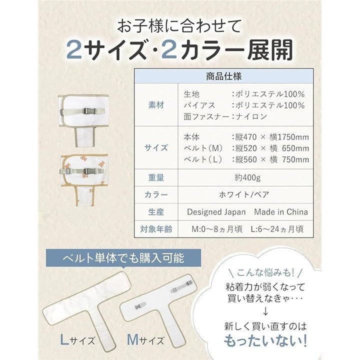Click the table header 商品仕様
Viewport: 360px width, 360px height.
[223, 76]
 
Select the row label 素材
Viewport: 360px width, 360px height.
[156, 105]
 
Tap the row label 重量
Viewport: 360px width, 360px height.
[156, 177]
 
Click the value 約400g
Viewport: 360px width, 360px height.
[247, 177]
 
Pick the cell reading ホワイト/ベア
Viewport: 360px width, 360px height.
[244, 194]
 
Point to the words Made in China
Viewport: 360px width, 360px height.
[281, 212]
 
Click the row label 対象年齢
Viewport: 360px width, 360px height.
[156, 229]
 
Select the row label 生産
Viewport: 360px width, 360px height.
[156, 212]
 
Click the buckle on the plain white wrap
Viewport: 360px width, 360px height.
[88, 111]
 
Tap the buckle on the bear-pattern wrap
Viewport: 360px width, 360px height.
[88, 171]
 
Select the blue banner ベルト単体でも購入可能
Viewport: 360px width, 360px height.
[123, 258]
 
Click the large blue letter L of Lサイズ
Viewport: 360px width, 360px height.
[64, 339]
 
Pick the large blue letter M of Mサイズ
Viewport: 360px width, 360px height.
[132, 339]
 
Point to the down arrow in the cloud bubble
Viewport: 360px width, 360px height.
[265, 311]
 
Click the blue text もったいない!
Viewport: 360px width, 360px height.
[265, 340]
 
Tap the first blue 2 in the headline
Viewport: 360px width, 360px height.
[74, 50]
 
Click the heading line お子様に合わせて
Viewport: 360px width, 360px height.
[179, 26]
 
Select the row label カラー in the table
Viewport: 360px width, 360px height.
[156, 194]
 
